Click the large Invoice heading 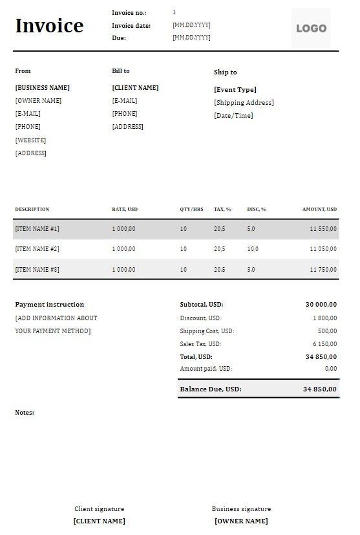tap(49, 26)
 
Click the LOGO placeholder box tap(311, 28)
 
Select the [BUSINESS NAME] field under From tap(43, 88)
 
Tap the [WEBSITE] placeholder tap(30, 140)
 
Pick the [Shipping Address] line tap(244, 103)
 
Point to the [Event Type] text tap(235, 90)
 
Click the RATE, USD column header tap(125, 210)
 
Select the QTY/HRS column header tap(191, 210)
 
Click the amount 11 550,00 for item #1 tap(323, 229)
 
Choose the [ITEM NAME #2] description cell tap(37, 249)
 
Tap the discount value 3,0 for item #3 tap(251, 269)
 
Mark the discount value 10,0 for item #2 tap(252, 249)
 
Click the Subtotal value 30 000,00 tap(321, 305)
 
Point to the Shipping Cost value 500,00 tap(326, 331)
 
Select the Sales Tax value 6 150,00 tap(324, 344)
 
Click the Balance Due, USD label tap(210, 389)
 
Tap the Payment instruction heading tap(50, 305)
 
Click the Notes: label tap(25, 413)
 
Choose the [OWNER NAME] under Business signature tap(241, 521)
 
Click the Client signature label tap(99, 509)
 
